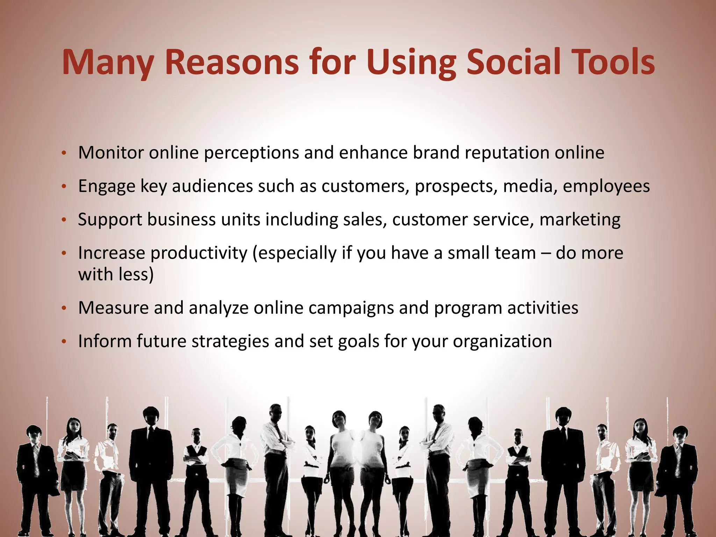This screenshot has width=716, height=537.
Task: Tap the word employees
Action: pyautogui.click(x=606, y=186)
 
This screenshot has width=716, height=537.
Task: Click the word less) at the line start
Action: pyautogui.click(x=136, y=274)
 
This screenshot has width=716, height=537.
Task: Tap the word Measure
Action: pyautogui.click(x=113, y=308)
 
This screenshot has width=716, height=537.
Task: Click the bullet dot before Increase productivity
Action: pyautogui.click(x=64, y=253)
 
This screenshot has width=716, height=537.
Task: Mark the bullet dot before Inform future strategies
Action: pyautogui.click(x=64, y=342)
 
